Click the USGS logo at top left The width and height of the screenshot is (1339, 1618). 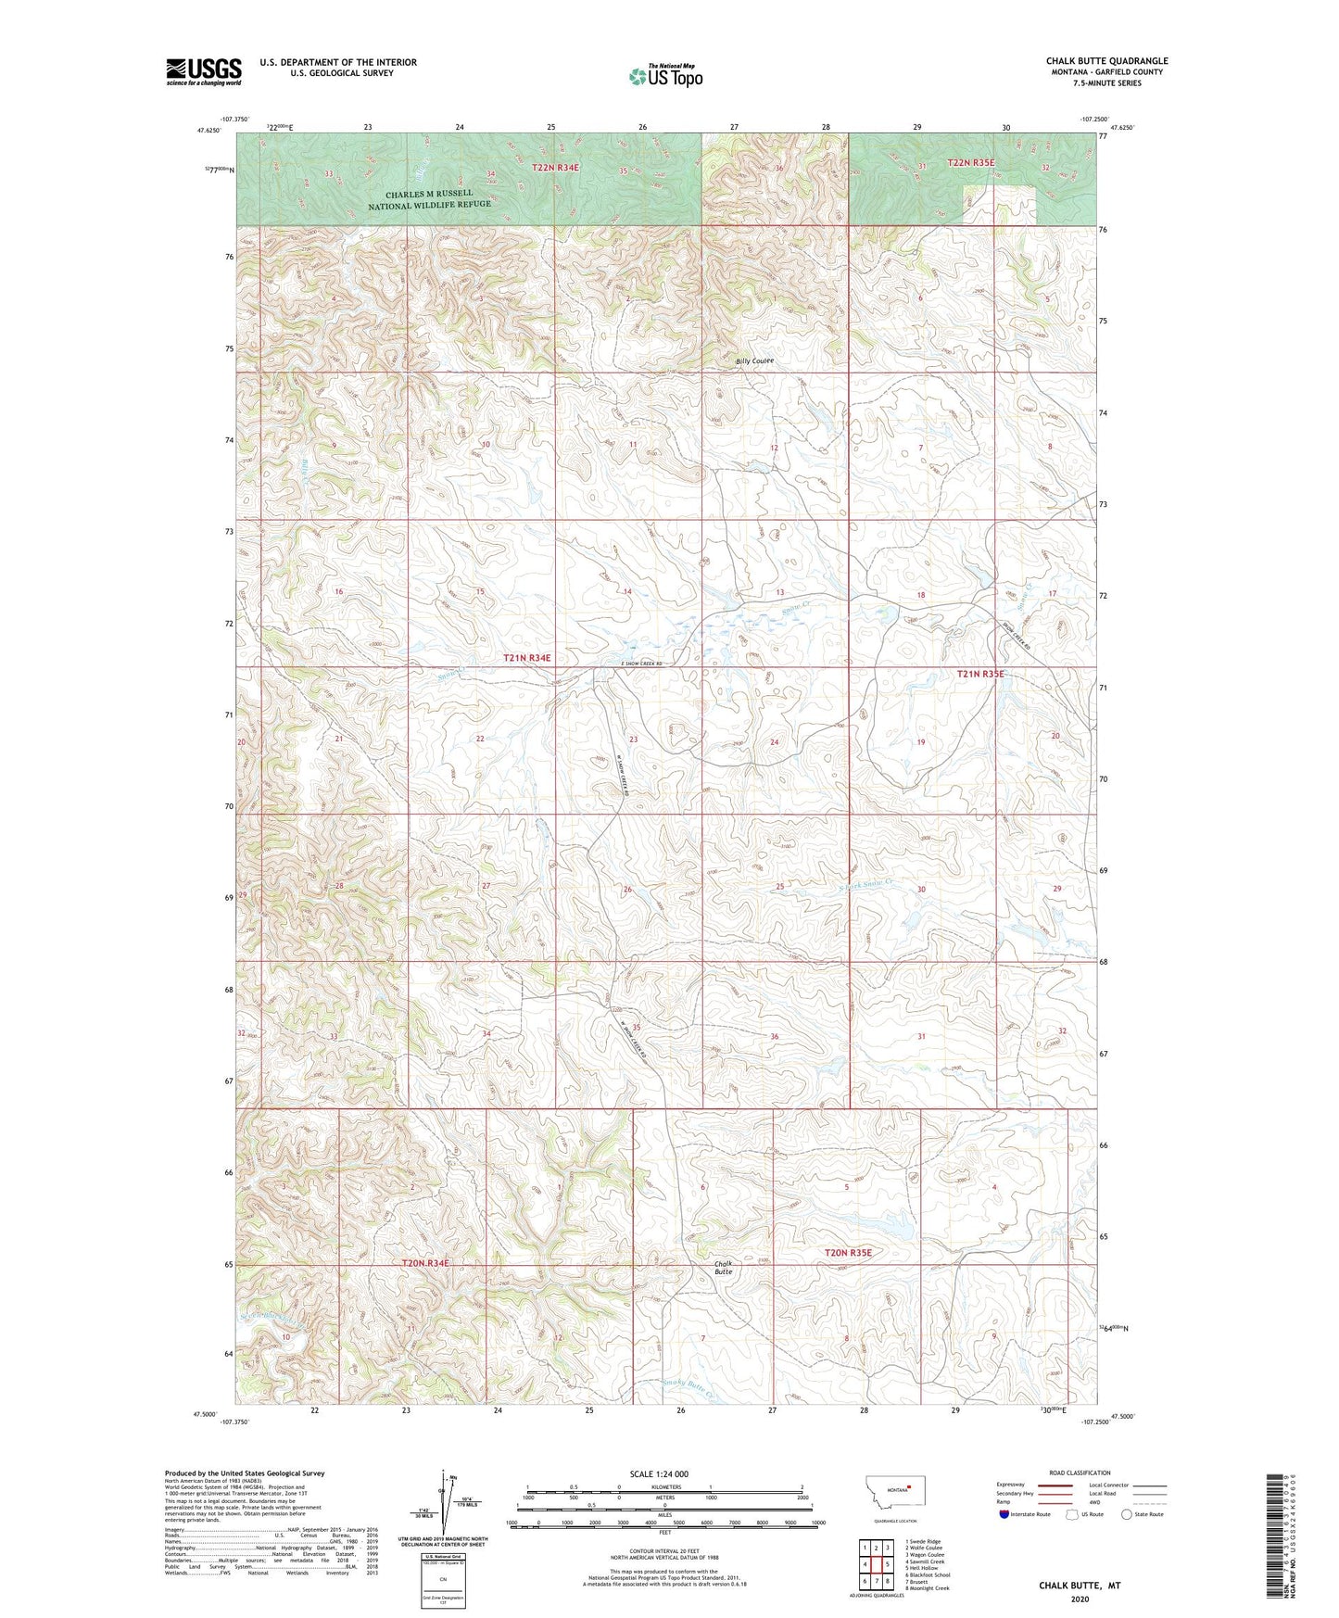click(x=203, y=71)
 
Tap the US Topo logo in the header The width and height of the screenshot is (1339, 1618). click(x=664, y=76)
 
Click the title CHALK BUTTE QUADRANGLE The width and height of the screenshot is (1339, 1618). click(x=1106, y=61)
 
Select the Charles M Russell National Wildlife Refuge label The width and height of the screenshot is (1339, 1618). click(x=429, y=198)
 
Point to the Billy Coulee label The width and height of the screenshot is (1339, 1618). click(x=754, y=360)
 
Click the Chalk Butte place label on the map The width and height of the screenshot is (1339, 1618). click(x=723, y=1268)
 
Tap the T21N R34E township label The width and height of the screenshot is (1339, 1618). click(x=526, y=657)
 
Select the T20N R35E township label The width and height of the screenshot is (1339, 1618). click(x=848, y=1252)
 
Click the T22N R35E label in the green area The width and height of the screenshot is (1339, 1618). click(x=970, y=163)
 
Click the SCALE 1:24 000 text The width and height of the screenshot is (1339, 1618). click(x=659, y=1473)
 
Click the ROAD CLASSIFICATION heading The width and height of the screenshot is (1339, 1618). click(x=1080, y=1473)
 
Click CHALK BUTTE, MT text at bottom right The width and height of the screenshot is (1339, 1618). click(x=1079, y=1585)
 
